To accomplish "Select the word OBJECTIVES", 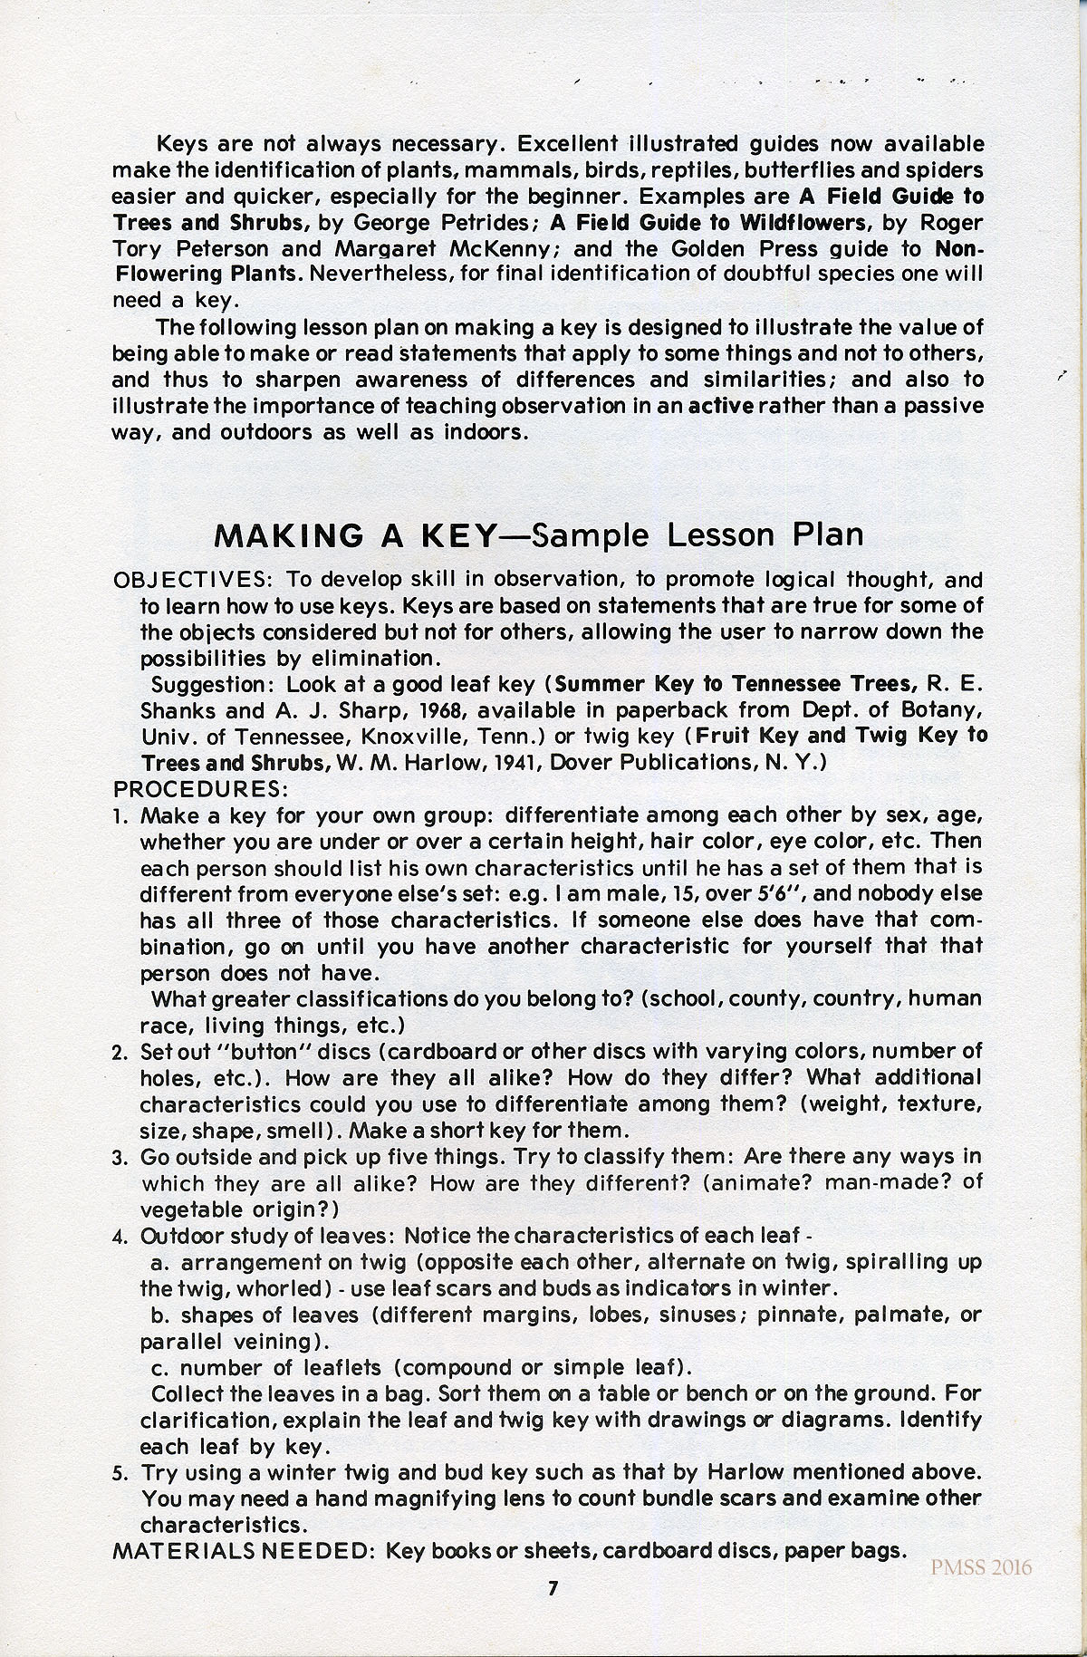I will click(188, 580).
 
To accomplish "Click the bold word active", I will click(721, 406).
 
